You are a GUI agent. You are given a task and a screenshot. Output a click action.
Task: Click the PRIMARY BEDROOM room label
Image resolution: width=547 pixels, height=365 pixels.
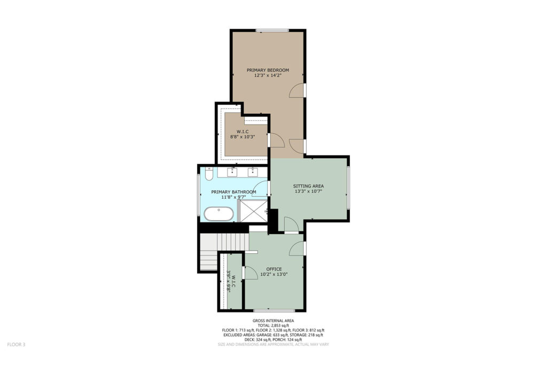[x=268, y=70]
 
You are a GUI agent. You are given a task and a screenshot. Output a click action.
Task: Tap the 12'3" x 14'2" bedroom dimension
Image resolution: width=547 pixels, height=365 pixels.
[x=268, y=75]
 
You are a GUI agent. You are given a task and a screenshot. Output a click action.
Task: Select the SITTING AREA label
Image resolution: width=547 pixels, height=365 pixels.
[x=308, y=186]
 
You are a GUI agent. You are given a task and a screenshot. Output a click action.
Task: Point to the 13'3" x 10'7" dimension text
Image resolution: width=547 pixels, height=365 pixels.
[x=308, y=191]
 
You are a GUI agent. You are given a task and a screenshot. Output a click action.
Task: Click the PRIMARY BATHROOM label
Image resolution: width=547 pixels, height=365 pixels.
[x=234, y=192]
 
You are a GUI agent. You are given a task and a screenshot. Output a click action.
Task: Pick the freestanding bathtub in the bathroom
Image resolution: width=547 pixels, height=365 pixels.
[x=218, y=214]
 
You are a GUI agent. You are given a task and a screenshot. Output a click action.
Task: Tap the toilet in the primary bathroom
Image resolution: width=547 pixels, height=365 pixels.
[x=209, y=174]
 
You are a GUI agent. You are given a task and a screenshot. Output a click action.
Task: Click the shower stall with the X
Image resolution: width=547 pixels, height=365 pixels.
[x=253, y=211]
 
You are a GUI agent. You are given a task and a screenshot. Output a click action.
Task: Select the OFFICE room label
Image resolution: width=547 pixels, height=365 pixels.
[x=274, y=269]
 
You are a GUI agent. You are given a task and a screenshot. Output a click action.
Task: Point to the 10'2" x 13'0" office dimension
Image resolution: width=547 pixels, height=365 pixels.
[x=274, y=274]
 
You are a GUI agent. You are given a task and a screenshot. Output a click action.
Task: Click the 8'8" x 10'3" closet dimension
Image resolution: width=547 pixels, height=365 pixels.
[x=243, y=137]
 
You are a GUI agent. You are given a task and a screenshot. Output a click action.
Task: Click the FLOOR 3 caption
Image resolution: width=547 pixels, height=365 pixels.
[x=17, y=344]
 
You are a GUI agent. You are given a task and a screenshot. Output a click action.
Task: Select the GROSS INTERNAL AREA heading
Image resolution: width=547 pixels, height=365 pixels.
[x=273, y=321]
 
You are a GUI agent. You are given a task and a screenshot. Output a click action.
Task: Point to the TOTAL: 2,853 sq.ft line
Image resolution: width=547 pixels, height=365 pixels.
[x=273, y=325]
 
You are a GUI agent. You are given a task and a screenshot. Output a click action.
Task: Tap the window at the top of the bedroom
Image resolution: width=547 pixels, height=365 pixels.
[x=272, y=30]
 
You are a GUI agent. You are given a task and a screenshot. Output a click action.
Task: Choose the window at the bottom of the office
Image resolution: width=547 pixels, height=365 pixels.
[x=274, y=310]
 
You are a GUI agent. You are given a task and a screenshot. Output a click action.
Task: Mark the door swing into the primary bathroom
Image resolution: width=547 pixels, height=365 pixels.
[x=262, y=189]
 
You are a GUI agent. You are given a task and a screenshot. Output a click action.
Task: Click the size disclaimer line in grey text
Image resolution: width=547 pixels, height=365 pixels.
[x=273, y=344]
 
